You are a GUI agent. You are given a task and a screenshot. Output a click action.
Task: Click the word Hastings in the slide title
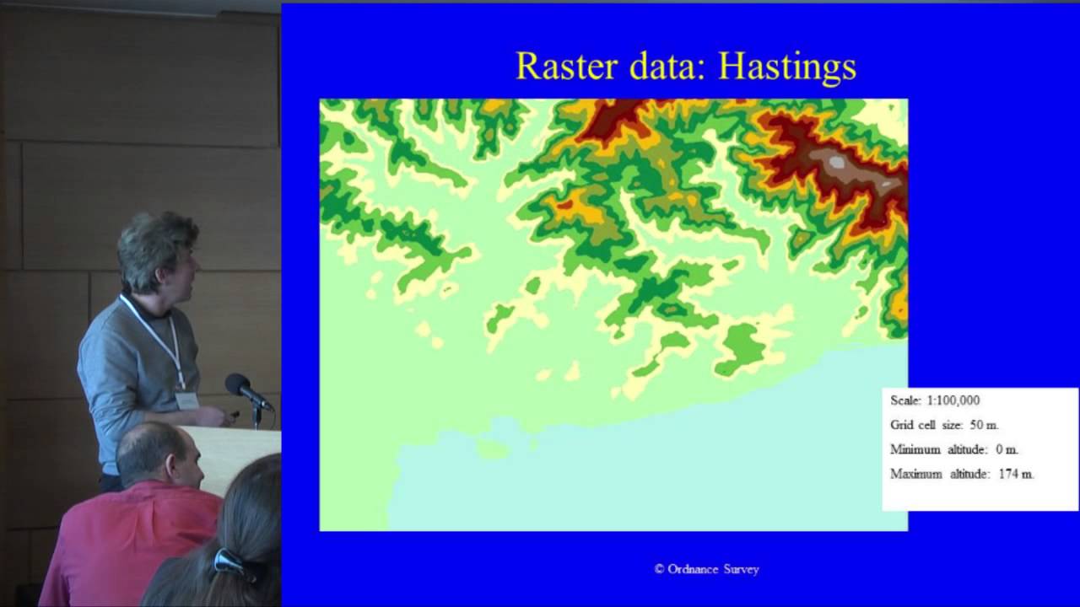point(786,67)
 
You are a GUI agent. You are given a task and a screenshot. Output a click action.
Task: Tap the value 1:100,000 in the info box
point(953,400)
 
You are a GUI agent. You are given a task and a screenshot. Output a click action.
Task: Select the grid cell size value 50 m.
point(985,425)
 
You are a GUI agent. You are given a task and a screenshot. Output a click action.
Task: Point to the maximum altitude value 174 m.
point(1016,474)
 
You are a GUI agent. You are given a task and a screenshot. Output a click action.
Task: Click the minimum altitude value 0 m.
point(1007,449)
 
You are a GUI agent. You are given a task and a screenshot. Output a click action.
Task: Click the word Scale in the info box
point(905,400)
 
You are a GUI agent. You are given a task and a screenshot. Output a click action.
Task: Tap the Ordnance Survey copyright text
point(707,569)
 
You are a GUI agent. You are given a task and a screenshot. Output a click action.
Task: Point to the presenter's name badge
point(187,400)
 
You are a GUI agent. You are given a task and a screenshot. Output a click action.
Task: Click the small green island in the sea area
point(491,447)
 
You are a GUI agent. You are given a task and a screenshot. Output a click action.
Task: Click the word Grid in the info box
point(901,425)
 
